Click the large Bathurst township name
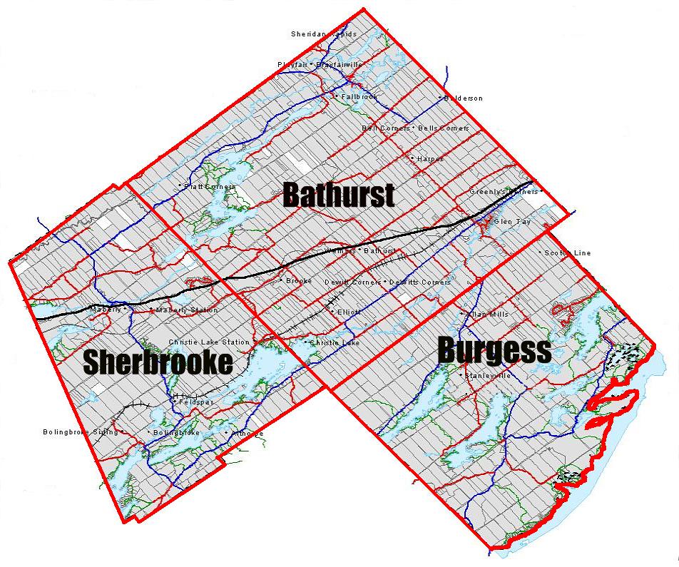tap(339, 194)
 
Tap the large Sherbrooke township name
tap(158, 362)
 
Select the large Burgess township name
tap(494, 349)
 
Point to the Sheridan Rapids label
tap(323, 34)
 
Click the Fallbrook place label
tap(359, 96)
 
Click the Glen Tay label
tap(512, 222)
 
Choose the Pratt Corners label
tap(209, 187)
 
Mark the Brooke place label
tap(299, 280)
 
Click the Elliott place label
tap(349, 312)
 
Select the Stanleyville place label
tap(488, 375)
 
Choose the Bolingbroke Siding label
tap(71, 431)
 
